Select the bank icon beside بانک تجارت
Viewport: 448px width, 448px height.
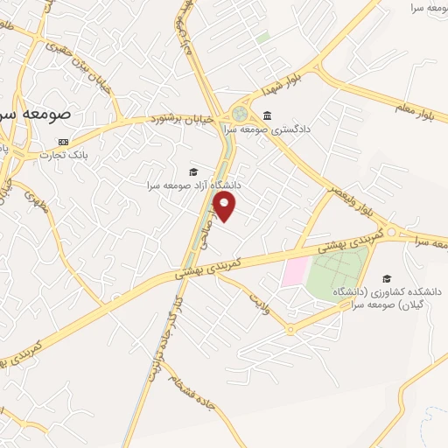[x=63, y=142]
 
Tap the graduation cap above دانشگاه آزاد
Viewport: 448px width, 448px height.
[x=193, y=171]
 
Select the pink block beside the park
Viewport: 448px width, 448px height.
[x=294, y=270]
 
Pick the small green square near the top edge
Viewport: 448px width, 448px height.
[x=262, y=38]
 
